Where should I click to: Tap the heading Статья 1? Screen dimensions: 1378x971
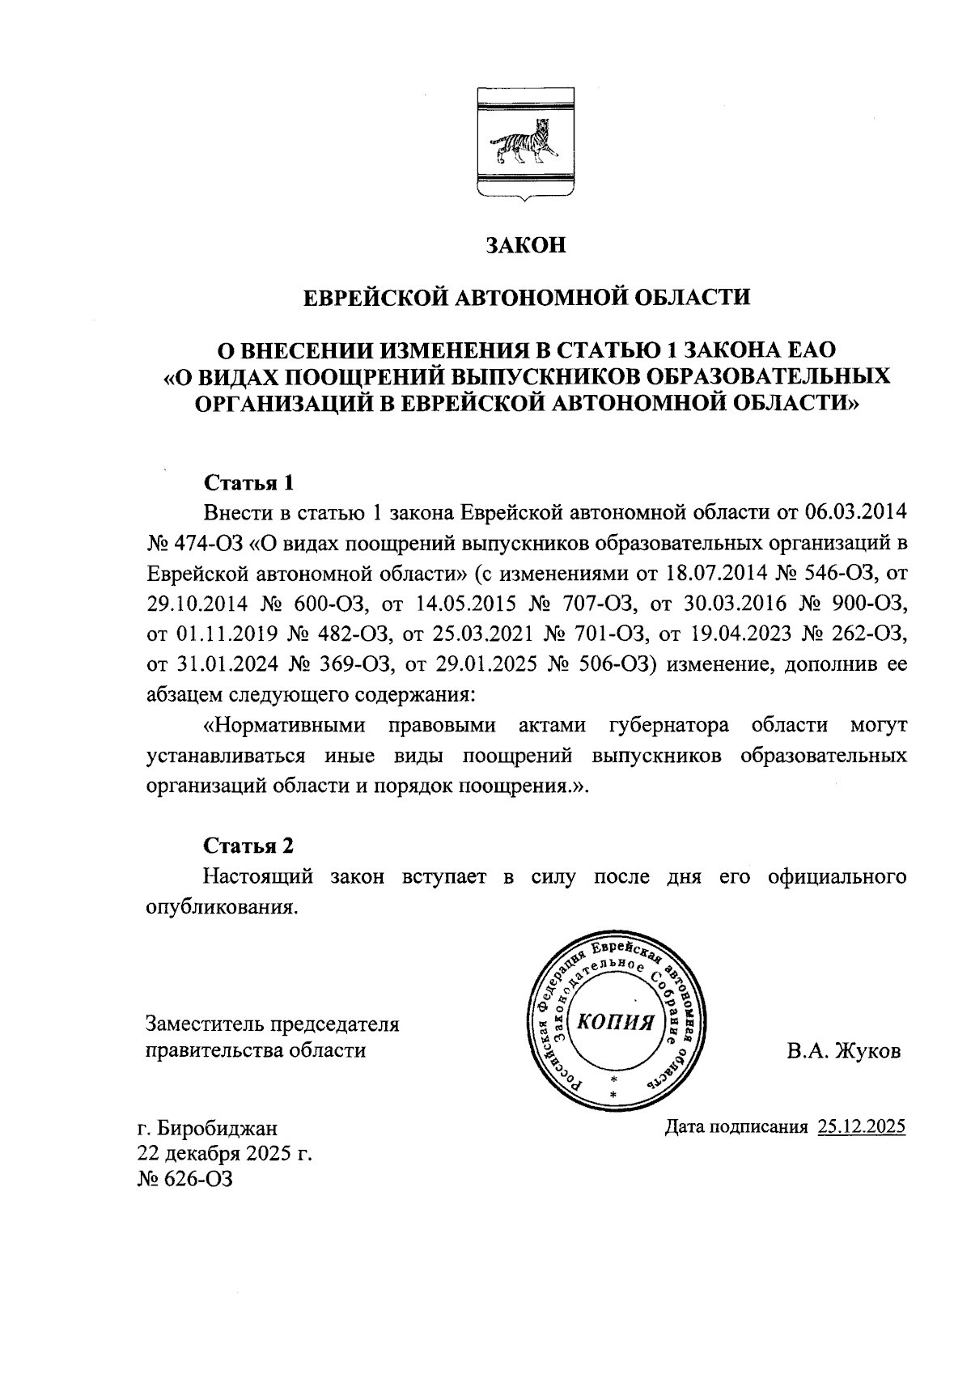[x=248, y=483]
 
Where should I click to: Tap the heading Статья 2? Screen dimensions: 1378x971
[x=248, y=846]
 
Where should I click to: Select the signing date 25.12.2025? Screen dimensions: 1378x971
[x=861, y=1127]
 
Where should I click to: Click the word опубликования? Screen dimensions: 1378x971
[x=217, y=907]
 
